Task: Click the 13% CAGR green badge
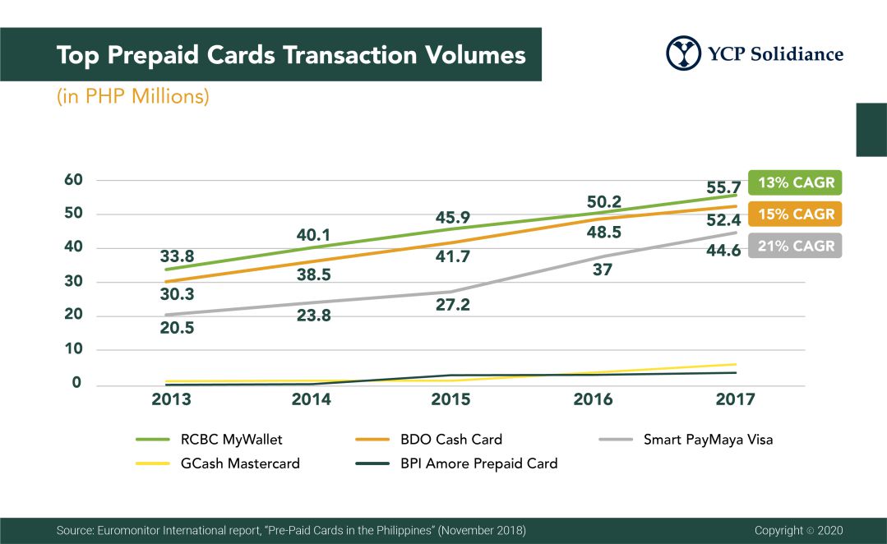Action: (x=796, y=182)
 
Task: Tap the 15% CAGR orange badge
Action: (x=796, y=214)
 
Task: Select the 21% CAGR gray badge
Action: (x=796, y=245)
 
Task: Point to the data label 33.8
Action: (x=177, y=256)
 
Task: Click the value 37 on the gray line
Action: (x=603, y=270)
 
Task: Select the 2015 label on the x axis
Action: (x=450, y=399)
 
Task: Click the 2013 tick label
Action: (x=172, y=399)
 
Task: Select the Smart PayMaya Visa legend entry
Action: (x=707, y=440)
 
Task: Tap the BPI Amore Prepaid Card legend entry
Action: (x=478, y=463)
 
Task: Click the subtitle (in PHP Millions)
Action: (x=133, y=96)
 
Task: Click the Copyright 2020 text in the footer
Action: (x=798, y=531)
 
